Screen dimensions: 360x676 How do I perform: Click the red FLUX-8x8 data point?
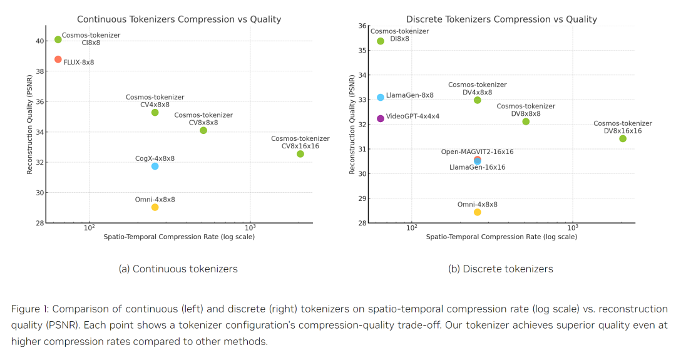(x=58, y=59)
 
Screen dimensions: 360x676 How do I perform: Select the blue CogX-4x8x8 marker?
(x=155, y=166)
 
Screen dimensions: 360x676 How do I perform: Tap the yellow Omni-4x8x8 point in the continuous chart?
(x=155, y=207)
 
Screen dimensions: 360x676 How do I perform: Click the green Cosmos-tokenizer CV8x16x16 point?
(x=300, y=154)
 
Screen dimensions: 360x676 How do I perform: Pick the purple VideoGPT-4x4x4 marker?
(x=381, y=118)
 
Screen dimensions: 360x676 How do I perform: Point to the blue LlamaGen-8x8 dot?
(x=381, y=97)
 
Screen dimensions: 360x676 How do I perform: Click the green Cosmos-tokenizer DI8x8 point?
(x=381, y=41)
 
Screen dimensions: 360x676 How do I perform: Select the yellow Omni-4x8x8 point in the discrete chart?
(x=478, y=212)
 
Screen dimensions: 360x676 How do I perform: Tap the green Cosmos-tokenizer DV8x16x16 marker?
(x=623, y=138)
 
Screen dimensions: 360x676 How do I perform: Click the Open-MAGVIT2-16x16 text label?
(x=478, y=152)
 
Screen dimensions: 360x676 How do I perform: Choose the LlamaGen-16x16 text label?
(x=478, y=167)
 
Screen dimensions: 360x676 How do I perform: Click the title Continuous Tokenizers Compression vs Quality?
(x=179, y=19)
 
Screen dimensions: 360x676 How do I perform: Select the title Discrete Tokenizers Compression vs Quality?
(x=501, y=19)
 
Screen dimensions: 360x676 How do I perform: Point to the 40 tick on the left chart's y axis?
(x=39, y=41)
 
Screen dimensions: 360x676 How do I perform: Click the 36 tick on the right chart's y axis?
(x=362, y=26)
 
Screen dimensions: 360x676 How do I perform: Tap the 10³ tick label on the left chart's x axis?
(x=250, y=229)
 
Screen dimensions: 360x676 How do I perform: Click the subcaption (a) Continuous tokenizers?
(x=178, y=269)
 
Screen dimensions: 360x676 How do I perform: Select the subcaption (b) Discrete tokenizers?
(x=501, y=269)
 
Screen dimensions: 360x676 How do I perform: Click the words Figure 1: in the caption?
(x=30, y=309)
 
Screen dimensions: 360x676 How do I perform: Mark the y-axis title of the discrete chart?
(x=352, y=125)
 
